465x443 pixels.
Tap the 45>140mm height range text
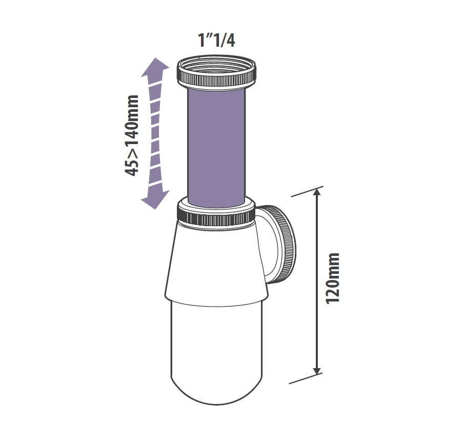pos(133,135)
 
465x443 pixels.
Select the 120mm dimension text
pos(333,277)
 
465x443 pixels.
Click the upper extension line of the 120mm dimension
pos(308,191)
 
